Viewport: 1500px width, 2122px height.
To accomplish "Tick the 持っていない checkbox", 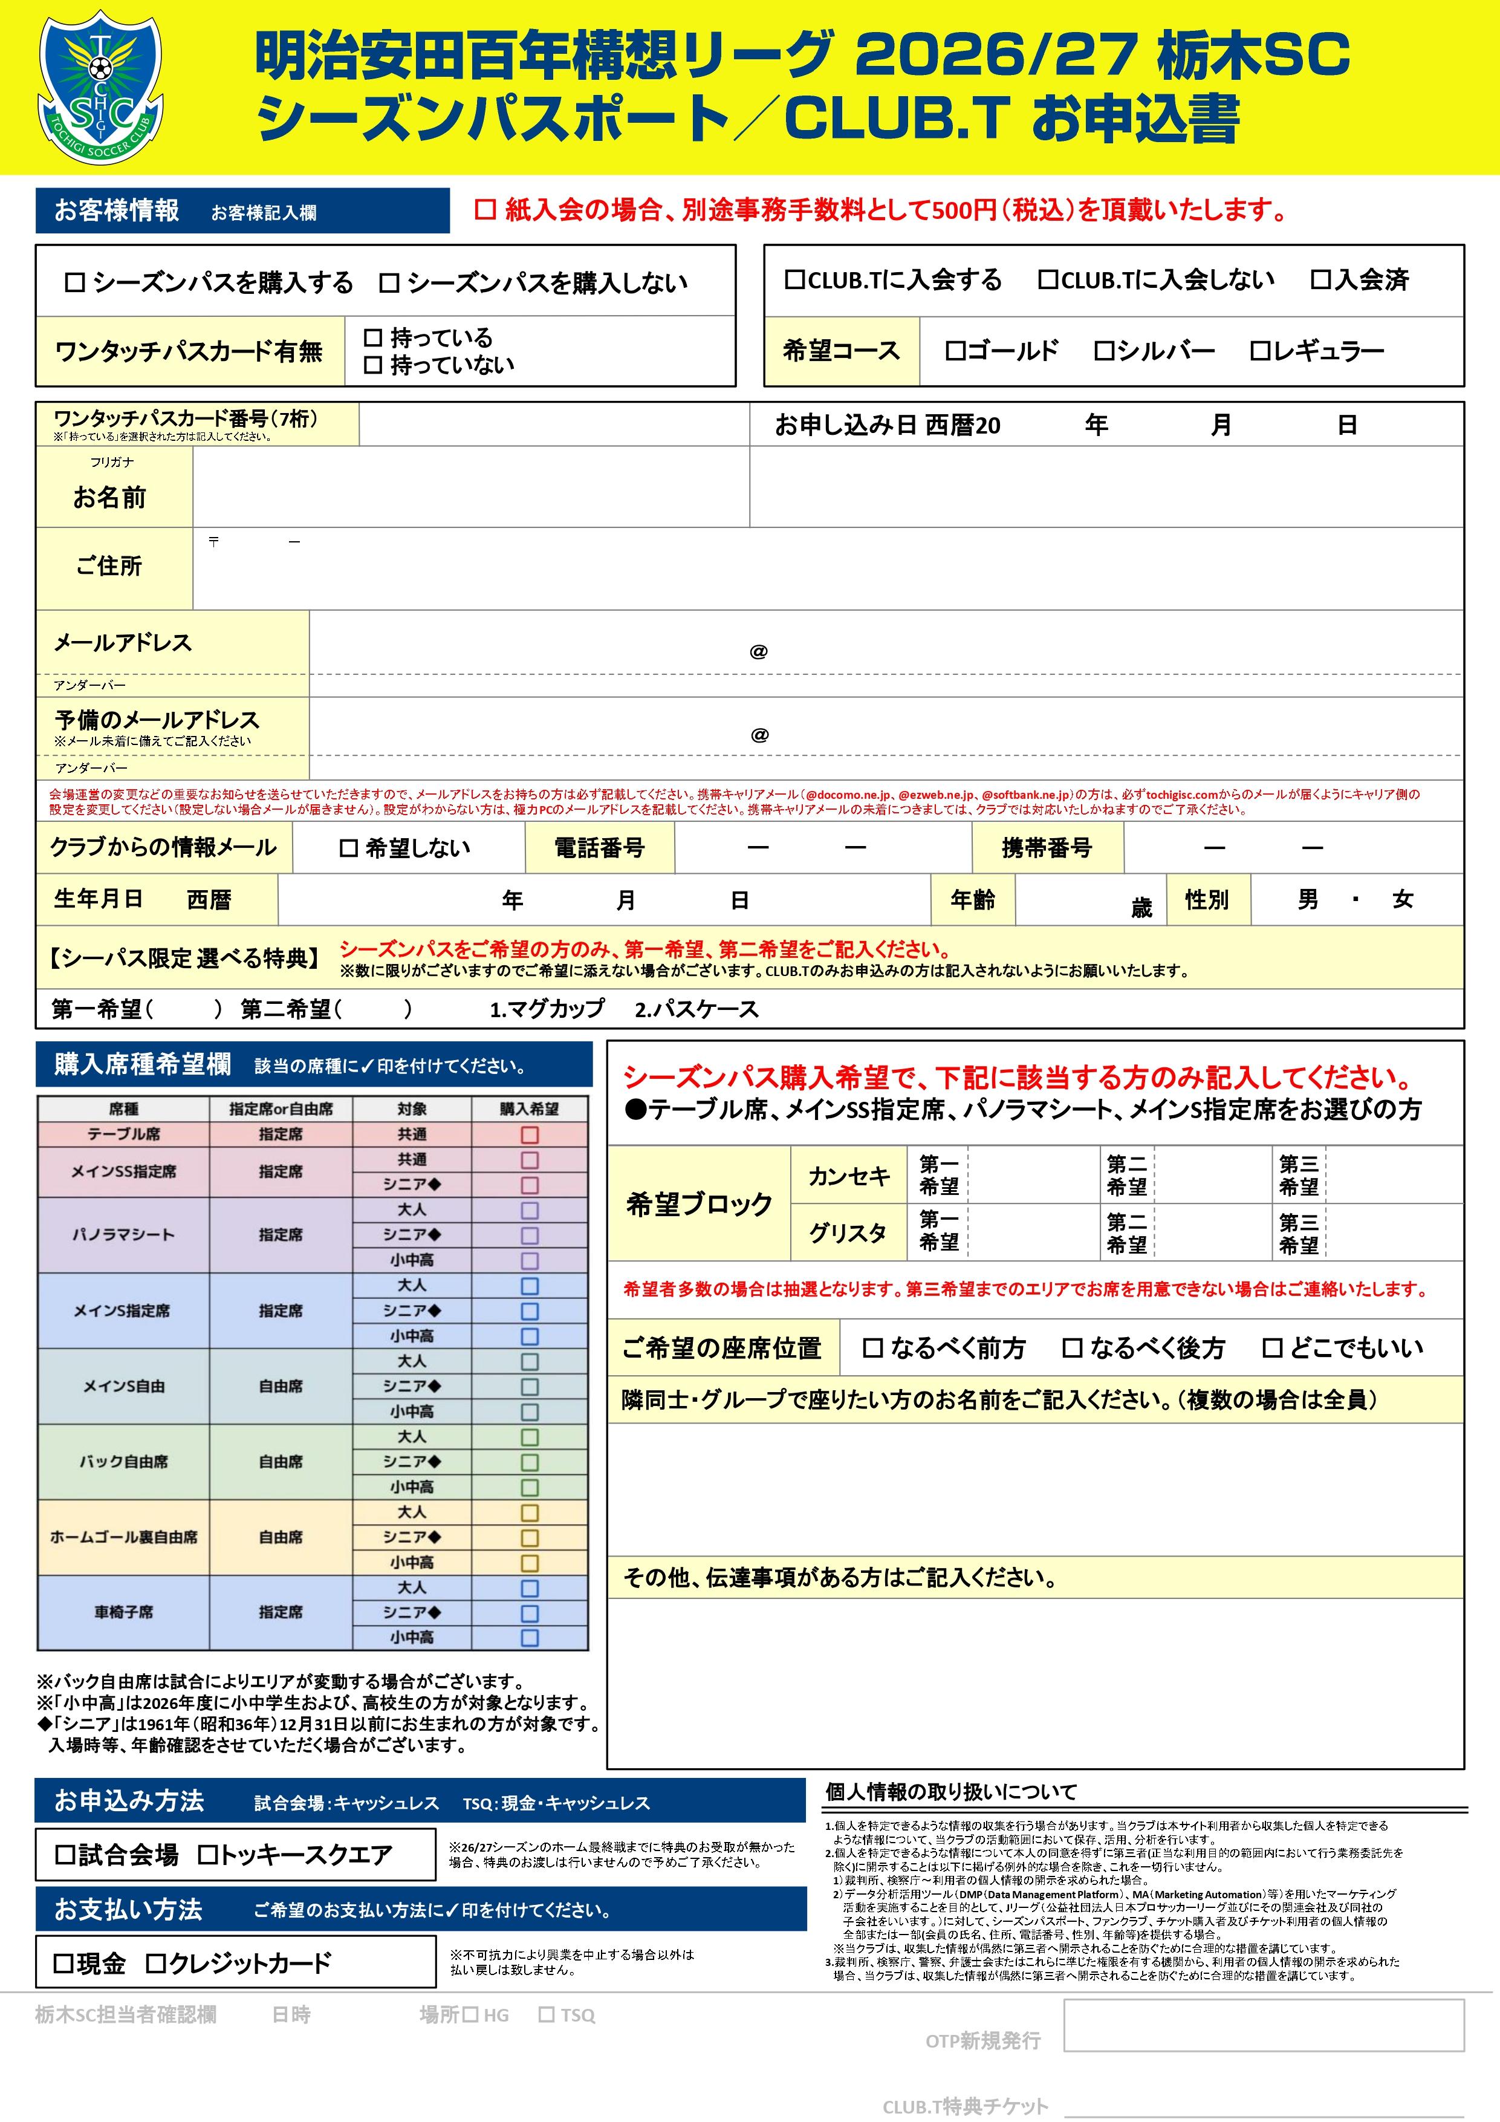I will pos(374,365).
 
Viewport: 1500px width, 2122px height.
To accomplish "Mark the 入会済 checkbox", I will pos(1320,280).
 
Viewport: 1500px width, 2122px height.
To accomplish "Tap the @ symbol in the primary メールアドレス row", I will pos(758,651).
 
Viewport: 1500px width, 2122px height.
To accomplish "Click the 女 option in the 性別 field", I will pos(1402,899).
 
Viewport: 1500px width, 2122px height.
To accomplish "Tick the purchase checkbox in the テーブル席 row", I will pos(530,1134).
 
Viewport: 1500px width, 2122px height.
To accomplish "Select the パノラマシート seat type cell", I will pos(123,1235).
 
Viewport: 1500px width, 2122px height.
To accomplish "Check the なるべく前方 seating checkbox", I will pos(872,1349).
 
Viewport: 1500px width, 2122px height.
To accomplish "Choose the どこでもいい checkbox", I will pos(1271,1349).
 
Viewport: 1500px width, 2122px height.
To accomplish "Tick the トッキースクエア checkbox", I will pos(208,1855).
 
